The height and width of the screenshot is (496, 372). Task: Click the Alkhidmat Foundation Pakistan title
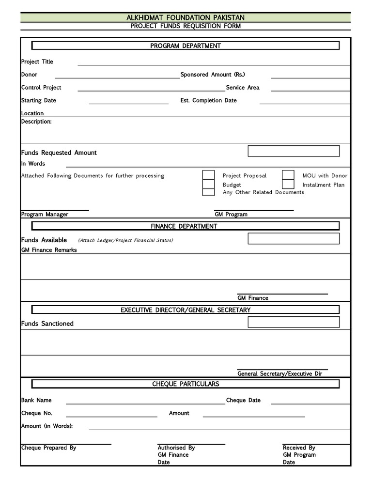tap(186, 17)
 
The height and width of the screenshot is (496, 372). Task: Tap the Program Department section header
tap(186, 46)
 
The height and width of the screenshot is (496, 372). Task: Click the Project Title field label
tap(37, 62)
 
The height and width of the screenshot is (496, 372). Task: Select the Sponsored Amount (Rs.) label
tap(213, 75)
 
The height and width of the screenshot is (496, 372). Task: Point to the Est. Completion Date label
tap(208, 100)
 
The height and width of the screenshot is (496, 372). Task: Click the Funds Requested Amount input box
tap(294, 151)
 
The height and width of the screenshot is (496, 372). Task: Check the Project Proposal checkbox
tap(208, 175)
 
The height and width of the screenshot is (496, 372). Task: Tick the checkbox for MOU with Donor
tap(288, 175)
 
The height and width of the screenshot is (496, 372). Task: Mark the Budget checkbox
tap(208, 184)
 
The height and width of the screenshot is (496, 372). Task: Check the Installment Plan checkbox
tap(288, 184)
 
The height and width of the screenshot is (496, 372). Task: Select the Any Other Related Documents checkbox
tap(208, 192)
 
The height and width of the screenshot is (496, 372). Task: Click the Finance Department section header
tap(184, 226)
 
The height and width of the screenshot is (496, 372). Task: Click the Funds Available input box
tap(294, 239)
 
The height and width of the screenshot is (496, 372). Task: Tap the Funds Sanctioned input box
tap(294, 322)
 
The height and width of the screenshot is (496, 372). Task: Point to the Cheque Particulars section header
tap(186, 384)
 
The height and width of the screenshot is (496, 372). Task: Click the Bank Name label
tap(36, 400)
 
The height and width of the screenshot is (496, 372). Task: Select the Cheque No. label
tap(37, 413)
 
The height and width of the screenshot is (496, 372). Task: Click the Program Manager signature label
tap(45, 214)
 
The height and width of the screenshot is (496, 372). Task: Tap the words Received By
tap(299, 448)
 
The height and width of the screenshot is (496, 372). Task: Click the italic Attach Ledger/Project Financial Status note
tap(125, 240)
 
